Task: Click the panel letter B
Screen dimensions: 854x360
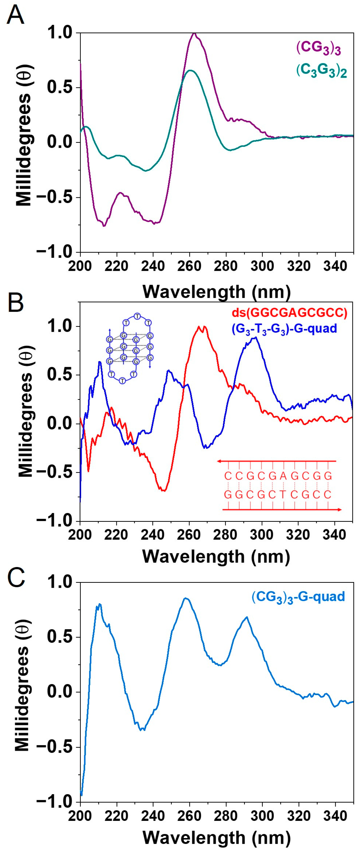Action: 15,303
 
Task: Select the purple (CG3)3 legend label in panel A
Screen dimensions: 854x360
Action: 319,48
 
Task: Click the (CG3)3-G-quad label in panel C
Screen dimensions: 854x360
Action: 298,597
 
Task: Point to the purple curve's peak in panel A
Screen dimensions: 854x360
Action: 195,33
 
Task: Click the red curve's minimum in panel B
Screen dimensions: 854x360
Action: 163,491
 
